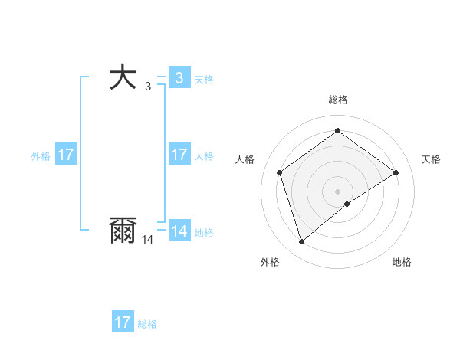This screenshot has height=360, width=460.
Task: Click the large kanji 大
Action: [x=123, y=78]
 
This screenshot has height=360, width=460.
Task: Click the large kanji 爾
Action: [x=123, y=231]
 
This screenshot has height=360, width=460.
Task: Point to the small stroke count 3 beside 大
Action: [x=148, y=87]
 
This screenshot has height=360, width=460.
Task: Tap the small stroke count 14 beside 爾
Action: [x=147, y=240]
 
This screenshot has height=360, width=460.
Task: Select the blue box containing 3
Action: [x=179, y=78]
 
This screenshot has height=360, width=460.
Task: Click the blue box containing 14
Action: [x=179, y=231]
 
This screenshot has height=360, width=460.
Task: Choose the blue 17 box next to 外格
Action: [x=66, y=155]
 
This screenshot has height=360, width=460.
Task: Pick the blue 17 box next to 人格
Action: [x=179, y=155]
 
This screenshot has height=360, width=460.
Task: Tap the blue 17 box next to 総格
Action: [x=123, y=322]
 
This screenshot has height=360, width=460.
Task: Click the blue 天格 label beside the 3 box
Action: [x=204, y=80]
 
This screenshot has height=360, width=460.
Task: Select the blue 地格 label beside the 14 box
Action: [x=204, y=233]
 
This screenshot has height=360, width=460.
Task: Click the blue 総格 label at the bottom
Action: [x=147, y=324]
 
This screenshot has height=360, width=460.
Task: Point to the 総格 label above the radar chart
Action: [x=337, y=100]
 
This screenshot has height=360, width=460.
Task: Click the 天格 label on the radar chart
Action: [x=431, y=159]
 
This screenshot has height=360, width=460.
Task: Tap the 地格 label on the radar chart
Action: [x=402, y=262]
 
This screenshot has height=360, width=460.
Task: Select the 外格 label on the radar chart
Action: [x=270, y=262]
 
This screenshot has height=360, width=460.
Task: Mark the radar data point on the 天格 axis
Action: [x=396, y=172]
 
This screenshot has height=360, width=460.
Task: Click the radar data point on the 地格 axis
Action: [x=347, y=204]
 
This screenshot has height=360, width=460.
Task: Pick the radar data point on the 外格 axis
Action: [x=302, y=242]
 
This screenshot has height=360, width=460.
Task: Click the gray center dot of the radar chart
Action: [x=337, y=191]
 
